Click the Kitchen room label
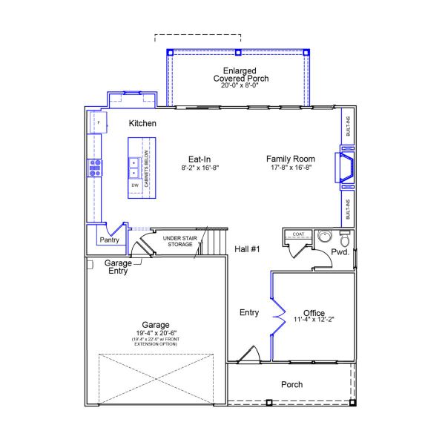pyautogui.click(x=142, y=123)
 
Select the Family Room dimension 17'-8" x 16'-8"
pyautogui.click(x=291, y=168)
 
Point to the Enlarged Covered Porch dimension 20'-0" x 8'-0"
pyautogui.click(x=240, y=86)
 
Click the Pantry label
pyautogui.click(x=109, y=240)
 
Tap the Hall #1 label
pyautogui.click(x=247, y=249)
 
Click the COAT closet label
pyautogui.click(x=298, y=234)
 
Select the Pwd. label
pyautogui.click(x=340, y=253)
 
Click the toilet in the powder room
pyautogui.click(x=343, y=240)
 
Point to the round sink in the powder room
pyautogui.click(x=323, y=237)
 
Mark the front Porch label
pyautogui.click(x=291, y=384)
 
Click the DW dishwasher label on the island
pyautogui.click(x=135, y=185)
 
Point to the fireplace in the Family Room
pyautogui.click(x=345, y=168)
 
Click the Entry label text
pyautogui.click(x=249, y=313)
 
